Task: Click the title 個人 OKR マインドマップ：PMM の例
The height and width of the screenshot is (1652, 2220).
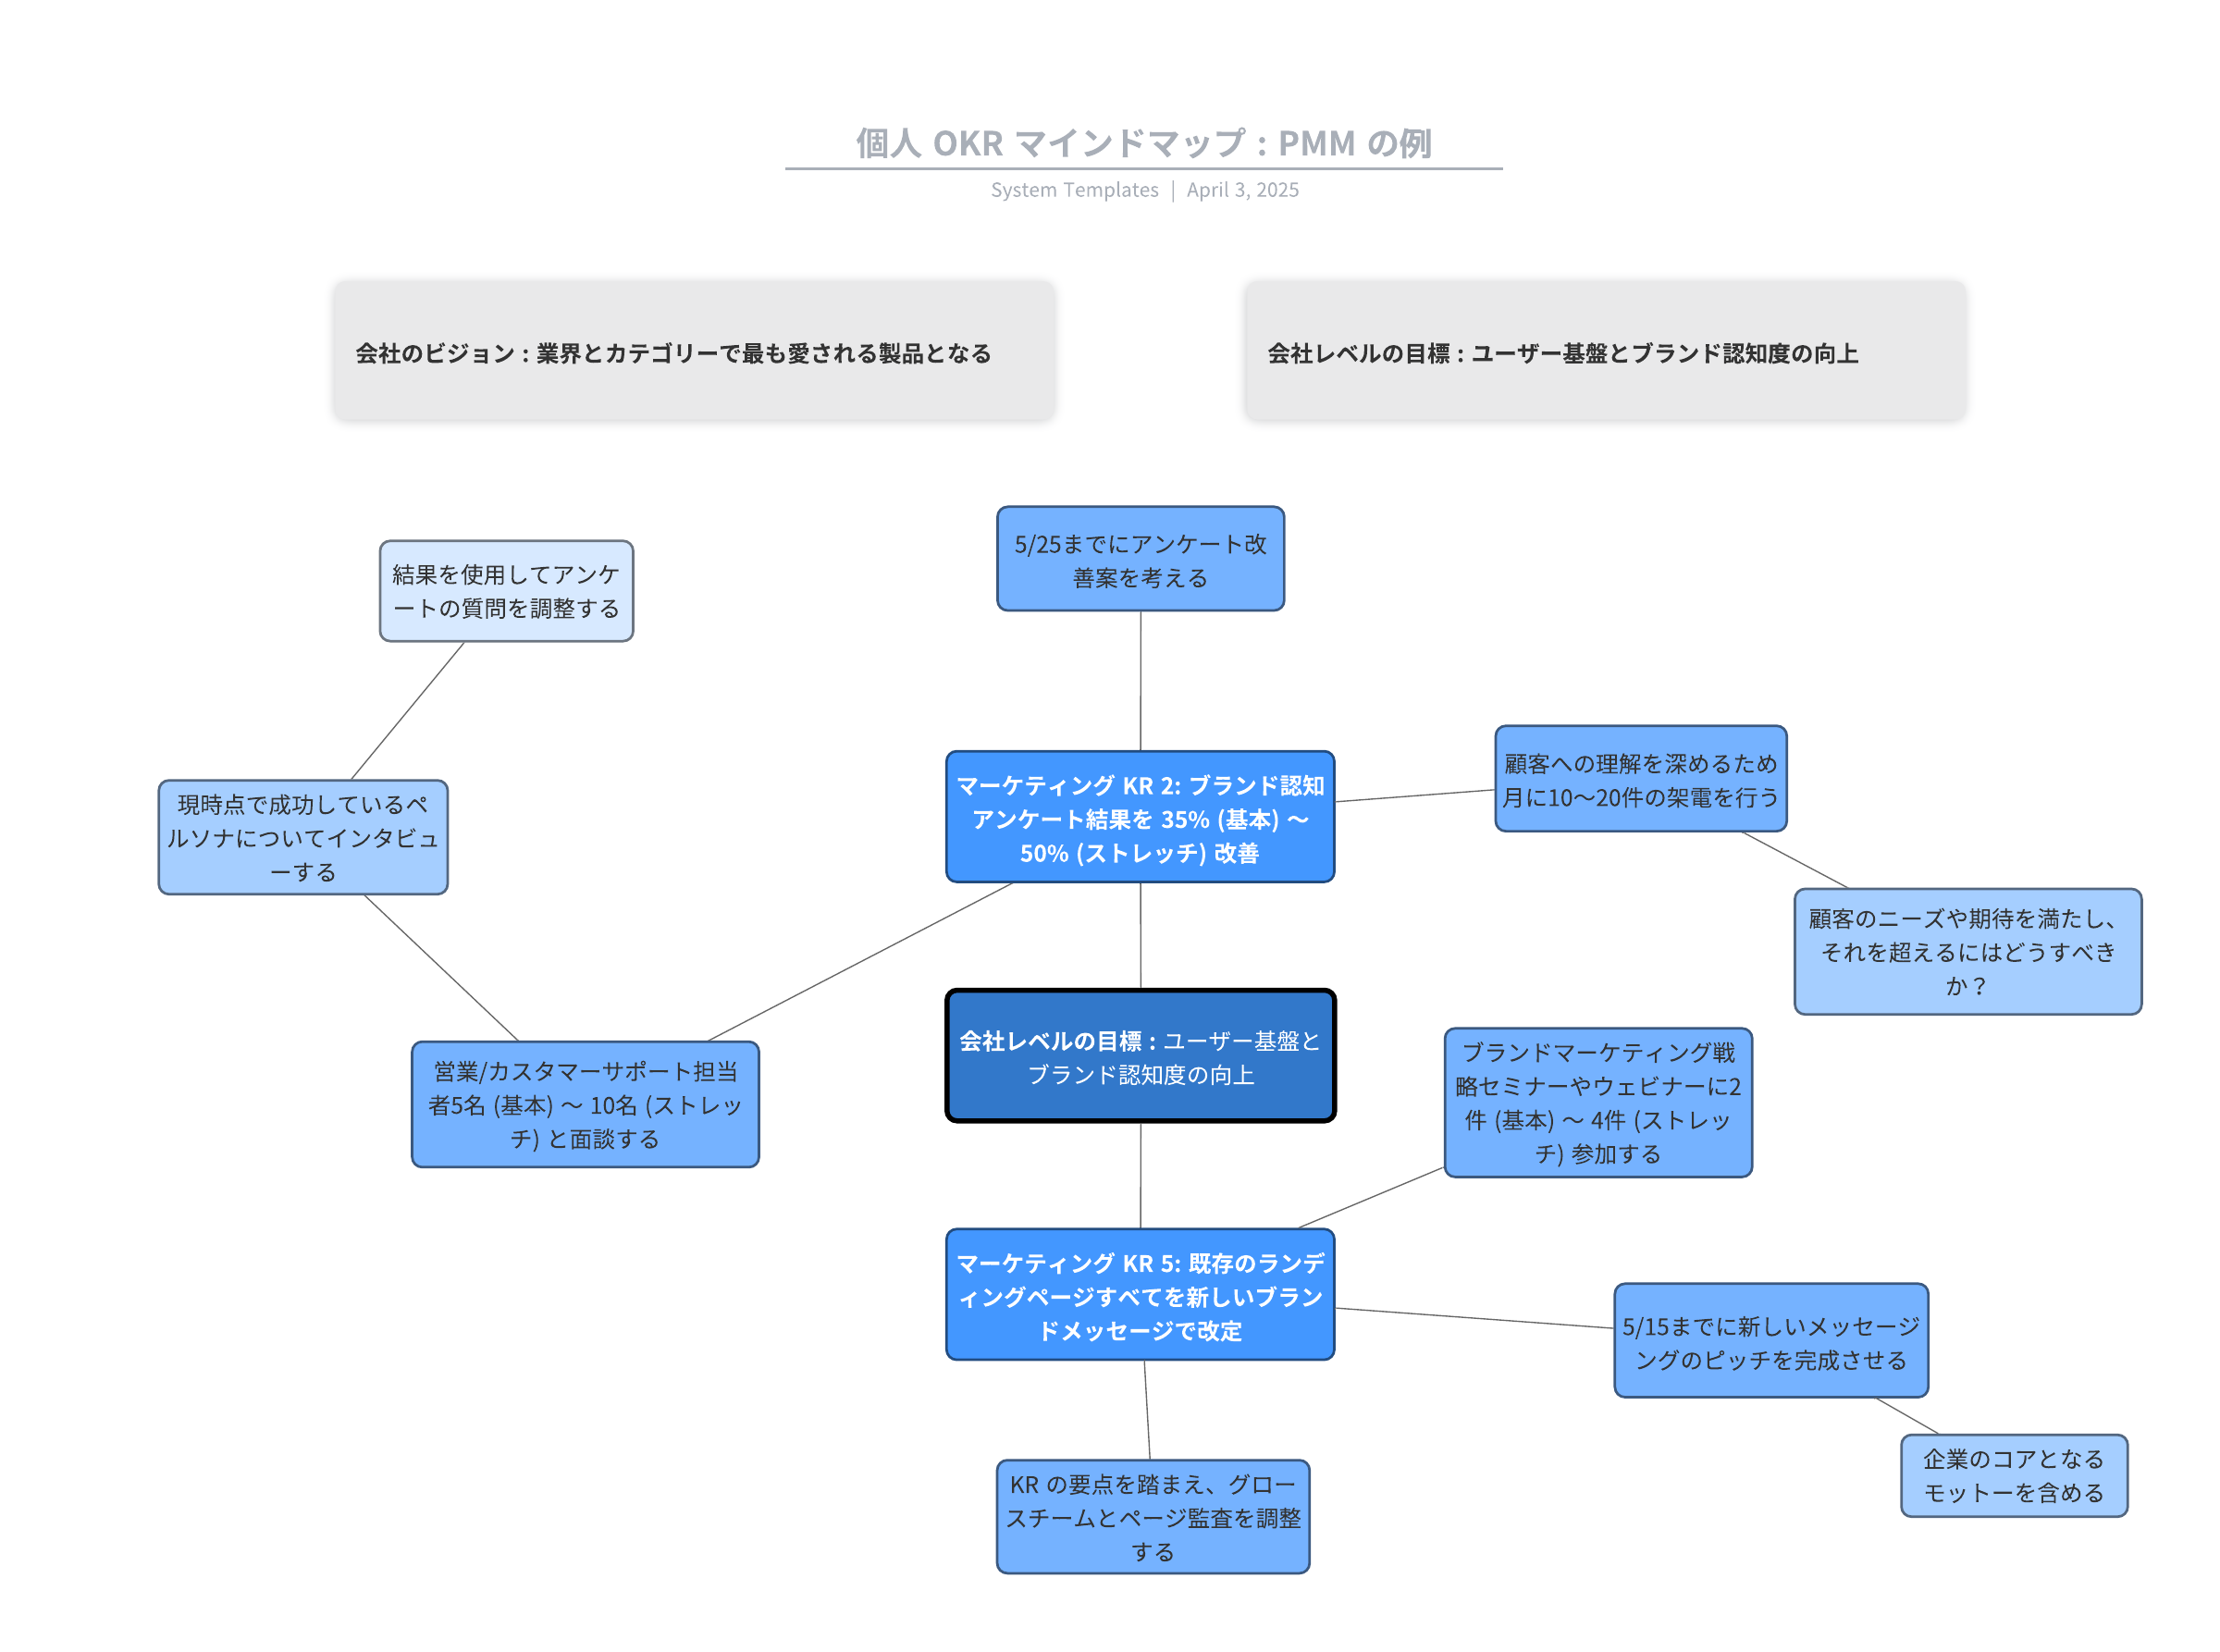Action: pyautogui.click(x=1142, y=143)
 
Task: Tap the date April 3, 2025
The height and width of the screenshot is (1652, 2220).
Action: pyautogui.click(x=1242, y=190)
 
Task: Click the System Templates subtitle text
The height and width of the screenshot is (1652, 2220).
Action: pyautogui.click(x=1074, y=190)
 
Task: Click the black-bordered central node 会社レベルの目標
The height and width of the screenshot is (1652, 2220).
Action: pyautogui.click(x=1140, y=1056)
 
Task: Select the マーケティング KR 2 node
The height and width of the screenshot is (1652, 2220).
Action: pyautogui.click(x=1140, y=817)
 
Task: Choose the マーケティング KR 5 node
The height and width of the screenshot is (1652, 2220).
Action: pyautogui.click(x=1140, y=1295)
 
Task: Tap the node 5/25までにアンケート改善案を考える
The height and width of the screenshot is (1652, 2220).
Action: pyautogui.click(x=1140, y=559)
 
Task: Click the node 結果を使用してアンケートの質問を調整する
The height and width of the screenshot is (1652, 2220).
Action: pyautogui.click(x=506, y=591)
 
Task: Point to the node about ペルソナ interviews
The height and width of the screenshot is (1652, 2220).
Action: pyautogui.click(x=303, y=837)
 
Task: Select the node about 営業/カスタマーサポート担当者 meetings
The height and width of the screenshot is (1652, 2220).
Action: pyautogui.click(x=585, y=1104)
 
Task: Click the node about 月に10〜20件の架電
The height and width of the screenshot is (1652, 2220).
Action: pyautogui.click(x=1640, y=779)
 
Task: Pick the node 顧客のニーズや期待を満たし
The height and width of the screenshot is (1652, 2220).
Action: pyautogui.click(x=1967, y=951)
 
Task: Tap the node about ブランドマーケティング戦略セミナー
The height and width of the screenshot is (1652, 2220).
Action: pyautogui.click(x=1598, y=1102)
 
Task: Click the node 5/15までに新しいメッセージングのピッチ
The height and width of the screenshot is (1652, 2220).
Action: pyautogui.click(x=1770, y=1341)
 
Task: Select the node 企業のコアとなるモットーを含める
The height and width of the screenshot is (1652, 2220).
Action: pyautogui.click(x=2013, y=1475)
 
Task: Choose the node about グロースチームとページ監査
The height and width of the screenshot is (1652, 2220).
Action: pyautogui.click(x=1152, y=1516)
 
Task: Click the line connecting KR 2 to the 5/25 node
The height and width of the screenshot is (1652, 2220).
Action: pyautogui.click(x=1140, y=680)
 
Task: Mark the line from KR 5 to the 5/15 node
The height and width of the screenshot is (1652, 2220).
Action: pyautogui.click(x=1475, y=1318)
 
